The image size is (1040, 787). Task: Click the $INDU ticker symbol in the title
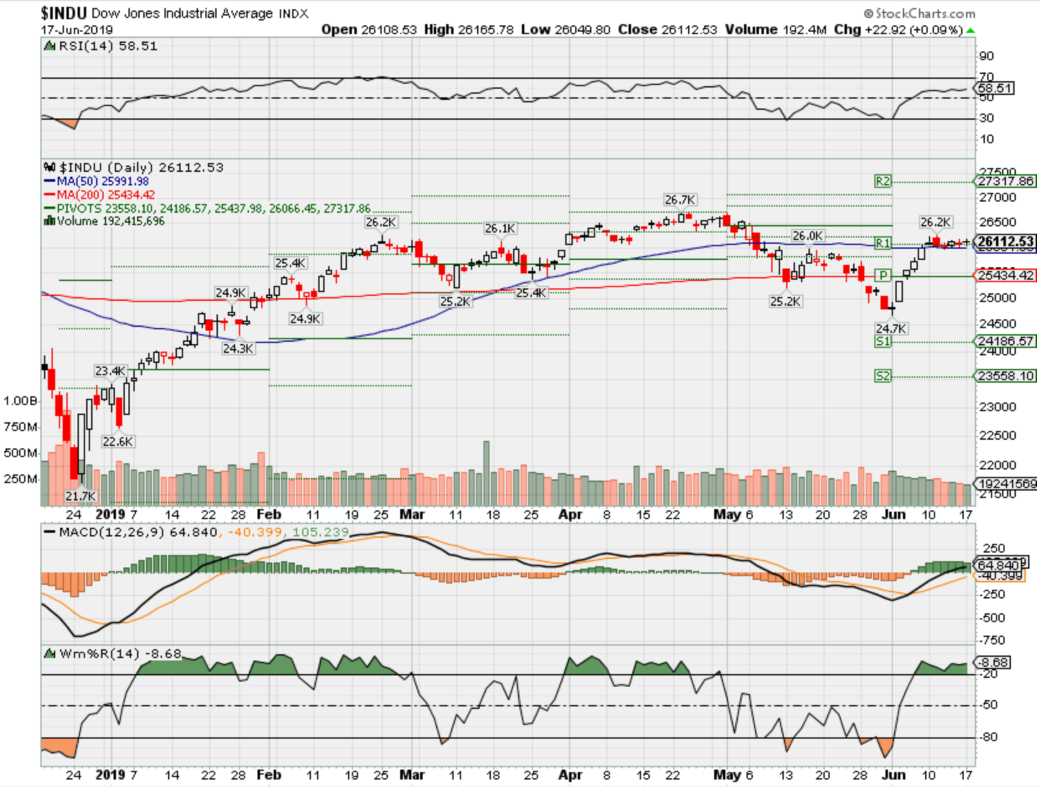64,13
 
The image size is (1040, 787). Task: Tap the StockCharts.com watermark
920,13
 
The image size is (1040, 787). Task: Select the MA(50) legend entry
96,181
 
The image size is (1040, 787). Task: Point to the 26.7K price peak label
679,200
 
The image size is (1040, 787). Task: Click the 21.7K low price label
81,496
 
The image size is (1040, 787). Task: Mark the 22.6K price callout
117,442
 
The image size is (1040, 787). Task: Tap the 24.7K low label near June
891,328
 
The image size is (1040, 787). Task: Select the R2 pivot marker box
882,181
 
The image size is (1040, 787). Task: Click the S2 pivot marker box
882,376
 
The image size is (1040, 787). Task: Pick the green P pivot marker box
882,275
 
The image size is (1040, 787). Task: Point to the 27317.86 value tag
1006,181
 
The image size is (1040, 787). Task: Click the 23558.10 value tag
1006,376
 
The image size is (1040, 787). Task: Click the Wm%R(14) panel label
113,654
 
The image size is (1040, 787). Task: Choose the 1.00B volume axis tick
20,401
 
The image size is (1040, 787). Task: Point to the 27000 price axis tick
998,198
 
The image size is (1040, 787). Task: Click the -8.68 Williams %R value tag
993,662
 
